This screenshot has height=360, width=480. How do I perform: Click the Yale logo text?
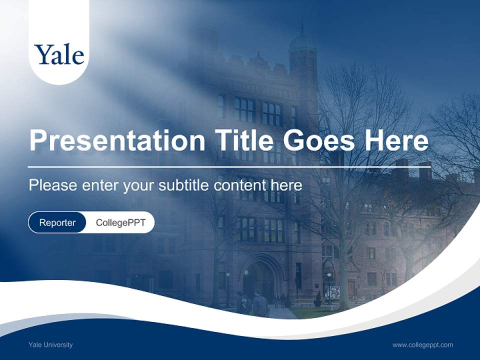tap(59, 54)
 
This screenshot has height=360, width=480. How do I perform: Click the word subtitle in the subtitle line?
tap(184, 185)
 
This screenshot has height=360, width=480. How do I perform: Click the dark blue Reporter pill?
tap(57, 222)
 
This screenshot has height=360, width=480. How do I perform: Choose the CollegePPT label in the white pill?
tap(120, 222)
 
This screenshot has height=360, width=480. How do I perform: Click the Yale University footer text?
tap(50, 344)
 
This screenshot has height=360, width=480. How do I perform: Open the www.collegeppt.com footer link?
tap(422, 344)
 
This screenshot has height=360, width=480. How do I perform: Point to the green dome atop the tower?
tap(302, 43)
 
